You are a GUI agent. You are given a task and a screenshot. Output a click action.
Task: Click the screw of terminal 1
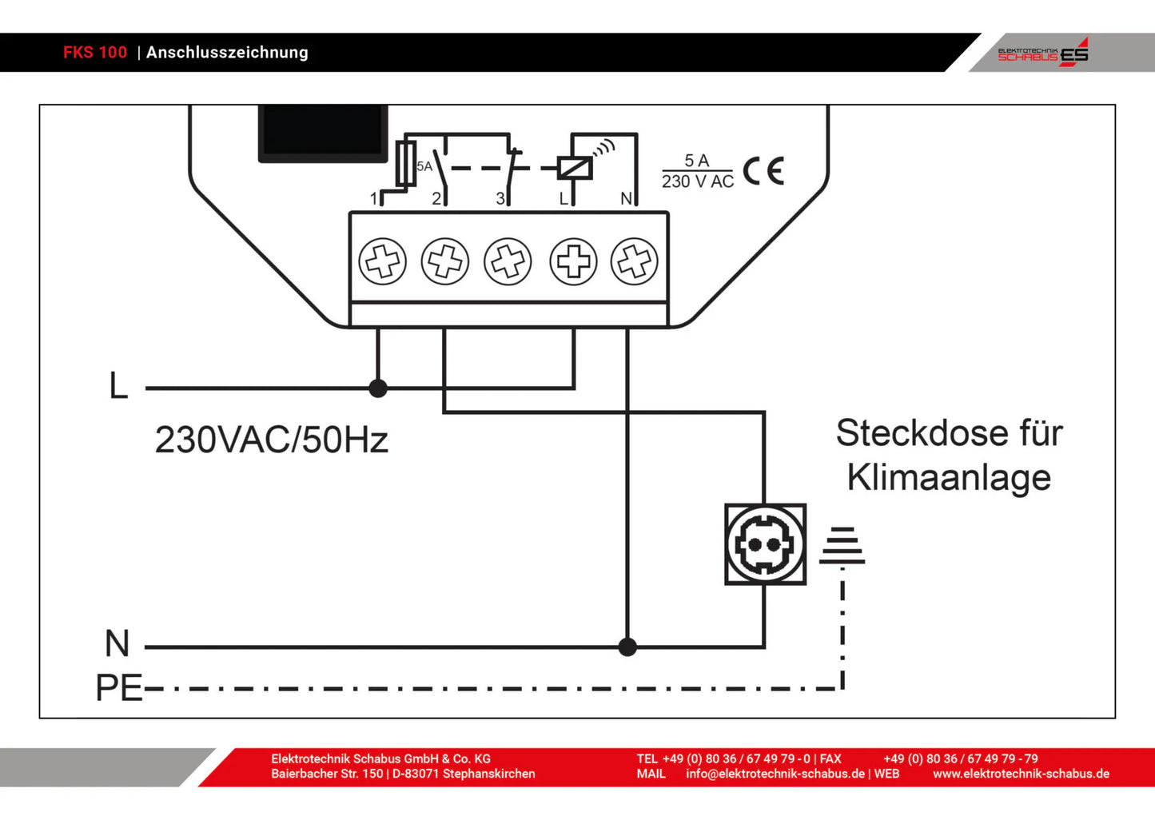[383, 261]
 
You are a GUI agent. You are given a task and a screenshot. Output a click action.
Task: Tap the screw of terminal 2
[445, 261]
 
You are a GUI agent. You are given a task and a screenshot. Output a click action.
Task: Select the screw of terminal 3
[508, 261]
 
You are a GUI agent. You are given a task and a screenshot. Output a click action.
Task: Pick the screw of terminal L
[573, 261]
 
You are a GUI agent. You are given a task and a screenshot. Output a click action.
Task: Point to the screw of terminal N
[635, 261]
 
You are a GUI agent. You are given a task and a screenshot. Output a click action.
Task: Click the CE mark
[763, 171]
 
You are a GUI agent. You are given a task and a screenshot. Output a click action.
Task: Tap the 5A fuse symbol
[406, 164]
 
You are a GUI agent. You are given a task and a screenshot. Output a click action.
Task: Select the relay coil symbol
[575, 168]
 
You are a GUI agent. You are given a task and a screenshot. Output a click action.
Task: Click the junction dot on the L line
[378, 388]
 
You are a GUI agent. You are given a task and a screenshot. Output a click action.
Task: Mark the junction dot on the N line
[627, 647]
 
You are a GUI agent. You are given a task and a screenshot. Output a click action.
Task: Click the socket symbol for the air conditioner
[765, 544]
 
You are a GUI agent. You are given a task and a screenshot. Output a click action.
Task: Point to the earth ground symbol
[842, 546]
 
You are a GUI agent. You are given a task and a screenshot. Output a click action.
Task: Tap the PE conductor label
[118, 688]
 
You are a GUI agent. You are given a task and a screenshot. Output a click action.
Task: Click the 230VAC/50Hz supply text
[271, 440]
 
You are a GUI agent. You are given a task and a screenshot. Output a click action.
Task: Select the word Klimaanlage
[949, 478]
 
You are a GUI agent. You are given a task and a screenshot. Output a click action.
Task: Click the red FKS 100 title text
[95, 53]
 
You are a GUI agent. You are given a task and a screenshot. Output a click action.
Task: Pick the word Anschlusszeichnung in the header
[227, 53]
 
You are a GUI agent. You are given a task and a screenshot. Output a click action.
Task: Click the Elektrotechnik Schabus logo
[1042, 53]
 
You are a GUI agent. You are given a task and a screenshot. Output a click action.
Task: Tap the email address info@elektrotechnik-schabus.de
[775, 774]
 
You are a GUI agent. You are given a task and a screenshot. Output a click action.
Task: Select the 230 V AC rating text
[698, 182]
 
